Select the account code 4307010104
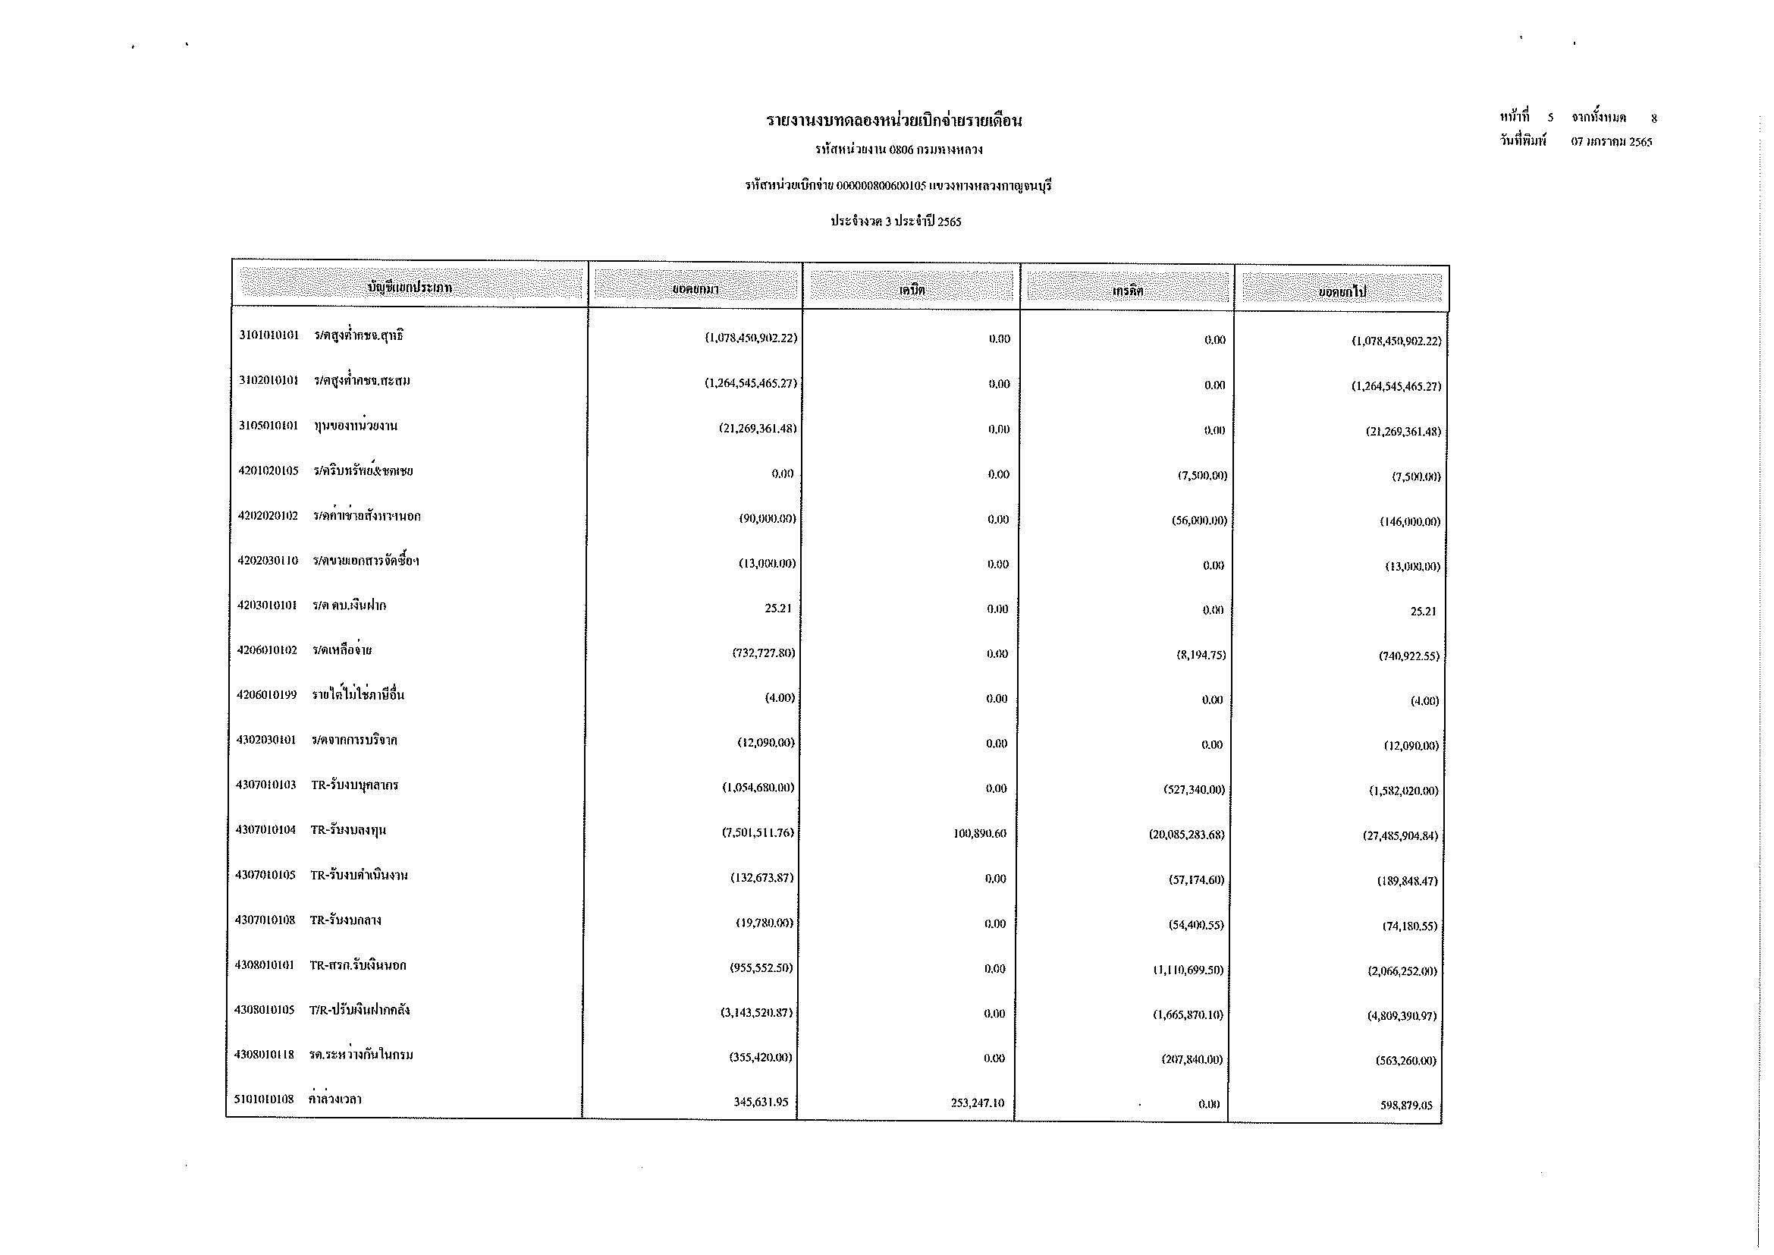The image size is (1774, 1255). coord(265,830)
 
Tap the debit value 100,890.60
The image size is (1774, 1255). coord(980,834)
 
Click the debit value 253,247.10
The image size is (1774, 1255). coord(978,1102)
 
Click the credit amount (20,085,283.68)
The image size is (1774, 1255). coord(1186,835)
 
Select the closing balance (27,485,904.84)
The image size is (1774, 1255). coord(1400,836)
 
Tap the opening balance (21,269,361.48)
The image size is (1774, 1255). coord(757,428)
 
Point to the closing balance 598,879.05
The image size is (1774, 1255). coord(1406,1105)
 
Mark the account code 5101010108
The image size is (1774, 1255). coord(264,1099)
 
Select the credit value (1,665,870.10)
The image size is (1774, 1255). coord(1188,1014)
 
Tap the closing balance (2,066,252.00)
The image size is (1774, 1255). coord(1402,970)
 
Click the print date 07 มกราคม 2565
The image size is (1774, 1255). coord(1612,142)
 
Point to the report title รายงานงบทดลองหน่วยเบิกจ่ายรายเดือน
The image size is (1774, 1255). coord(894,121)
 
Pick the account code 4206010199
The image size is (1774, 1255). coord(266,695)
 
